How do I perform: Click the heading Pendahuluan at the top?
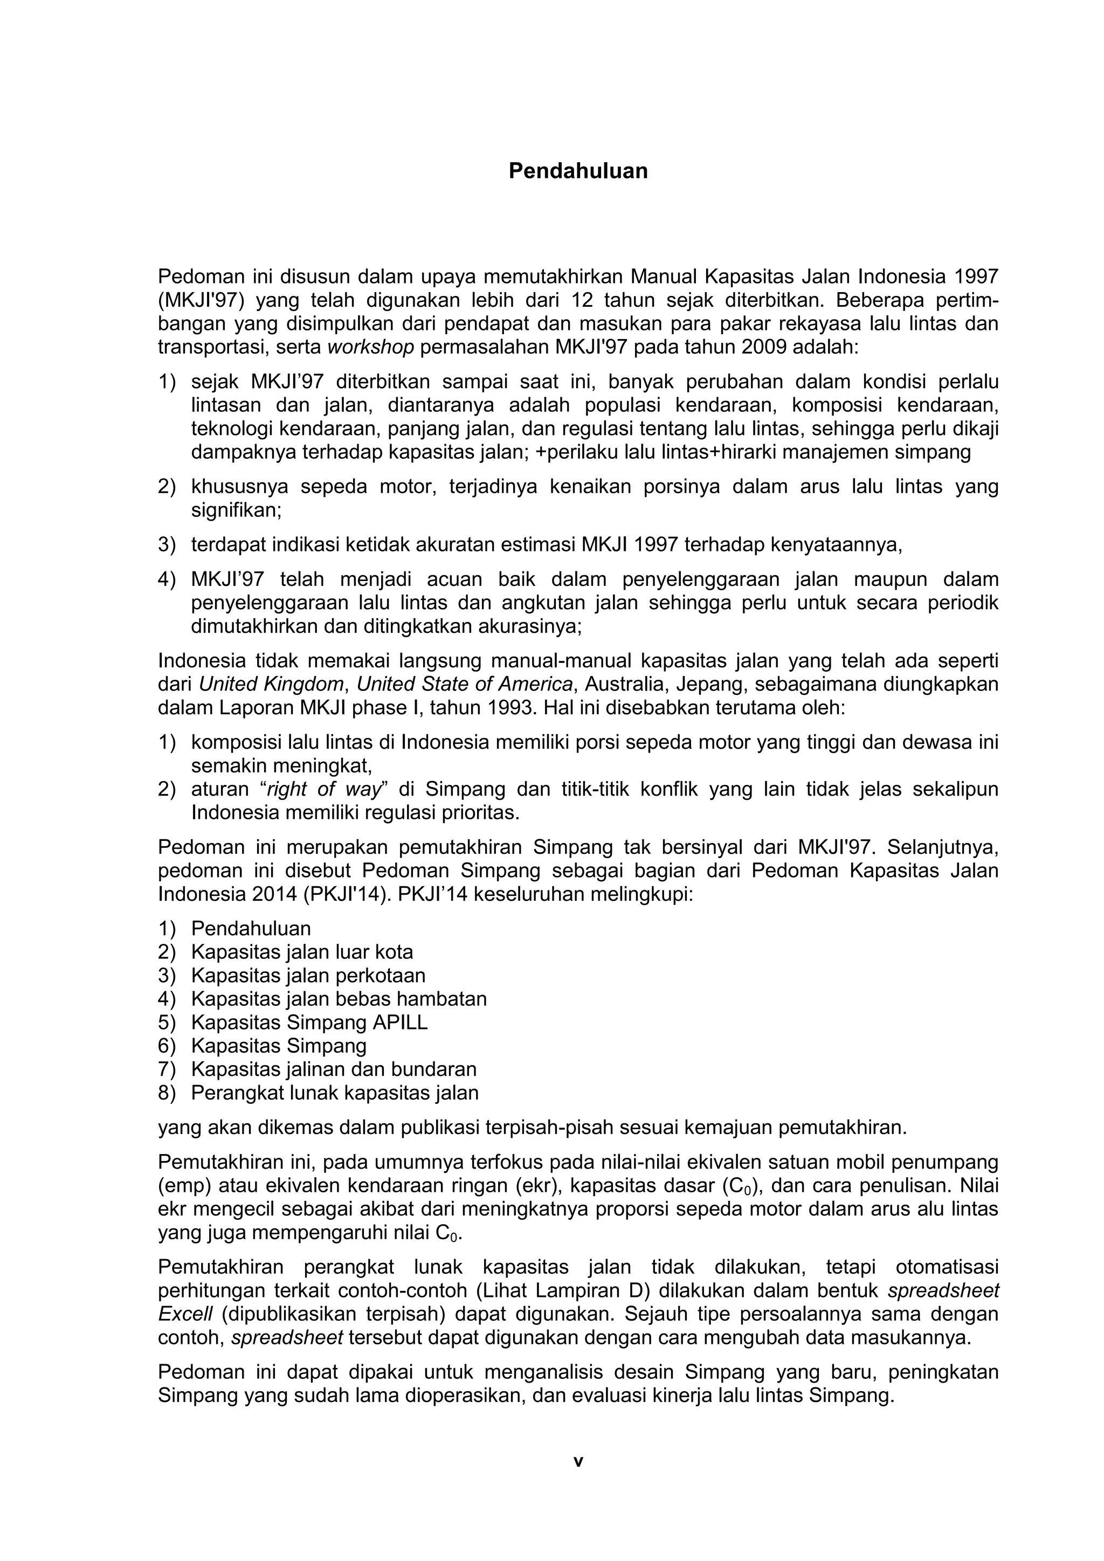[578, 171]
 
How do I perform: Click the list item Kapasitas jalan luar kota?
[302, 952]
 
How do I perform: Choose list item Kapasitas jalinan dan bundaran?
[334, 1069]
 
